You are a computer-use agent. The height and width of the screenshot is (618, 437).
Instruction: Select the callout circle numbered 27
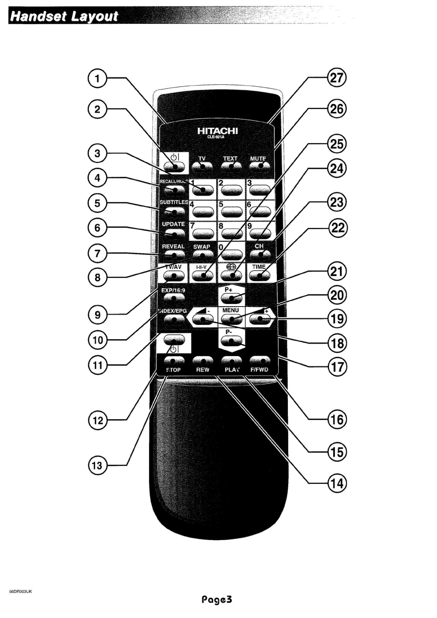tap(336, 78)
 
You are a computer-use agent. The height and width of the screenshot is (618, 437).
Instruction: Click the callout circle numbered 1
tap(97, 79)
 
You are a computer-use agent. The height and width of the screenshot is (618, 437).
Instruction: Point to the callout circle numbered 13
tap(97, 465)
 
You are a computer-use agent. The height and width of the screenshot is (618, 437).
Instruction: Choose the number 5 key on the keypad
tap(232, 212)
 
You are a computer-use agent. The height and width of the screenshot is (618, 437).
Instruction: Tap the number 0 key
tap(232, 255)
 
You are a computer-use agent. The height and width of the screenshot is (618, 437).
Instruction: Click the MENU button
tap(232, 319)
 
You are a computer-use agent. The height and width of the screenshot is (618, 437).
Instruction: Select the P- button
tap(231, 341)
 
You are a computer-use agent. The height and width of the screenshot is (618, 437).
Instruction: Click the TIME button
tap(259, 275)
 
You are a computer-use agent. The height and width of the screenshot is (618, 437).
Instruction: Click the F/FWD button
tap(260, 360)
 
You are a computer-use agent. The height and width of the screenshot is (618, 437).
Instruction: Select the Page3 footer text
tap(217, 599)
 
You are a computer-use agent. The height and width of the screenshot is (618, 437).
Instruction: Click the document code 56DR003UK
tap(21, 591)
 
